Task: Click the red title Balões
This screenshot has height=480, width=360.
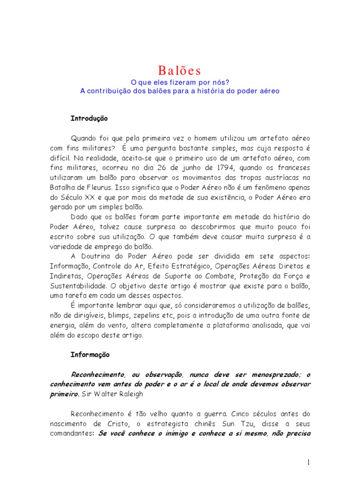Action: coord(180,71)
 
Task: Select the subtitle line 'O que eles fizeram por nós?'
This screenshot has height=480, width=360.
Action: coord(180,82)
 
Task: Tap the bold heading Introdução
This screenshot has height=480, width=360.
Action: coord(89,119)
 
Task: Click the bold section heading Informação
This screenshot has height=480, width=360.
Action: coord(90,355)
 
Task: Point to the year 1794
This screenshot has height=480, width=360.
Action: coord(226,167)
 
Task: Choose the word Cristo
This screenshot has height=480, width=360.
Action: coord(121,424)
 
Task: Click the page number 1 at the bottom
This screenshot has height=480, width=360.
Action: coord(308,462)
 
